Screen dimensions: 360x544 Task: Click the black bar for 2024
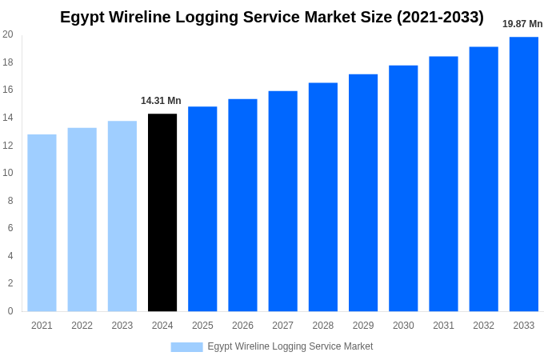162,213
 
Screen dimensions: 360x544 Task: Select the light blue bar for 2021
42,223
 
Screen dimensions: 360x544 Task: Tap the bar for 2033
523,174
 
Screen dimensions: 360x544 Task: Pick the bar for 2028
323,197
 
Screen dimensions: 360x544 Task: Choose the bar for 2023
122,216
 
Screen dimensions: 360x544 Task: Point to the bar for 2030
403,188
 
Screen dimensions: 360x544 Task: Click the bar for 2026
242,205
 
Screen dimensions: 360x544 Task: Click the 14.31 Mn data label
161,101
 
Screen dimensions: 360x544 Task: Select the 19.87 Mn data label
522,24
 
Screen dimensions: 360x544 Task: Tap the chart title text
272,17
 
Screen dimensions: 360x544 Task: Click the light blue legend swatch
186,346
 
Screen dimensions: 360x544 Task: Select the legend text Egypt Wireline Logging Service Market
290,346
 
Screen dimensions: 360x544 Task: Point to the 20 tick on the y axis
8,34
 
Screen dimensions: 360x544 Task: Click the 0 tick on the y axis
10,311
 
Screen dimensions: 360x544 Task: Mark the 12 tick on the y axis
8,146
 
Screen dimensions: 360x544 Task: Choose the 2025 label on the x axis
202,326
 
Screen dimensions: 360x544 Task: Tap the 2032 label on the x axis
483,326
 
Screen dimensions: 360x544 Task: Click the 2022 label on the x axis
82,326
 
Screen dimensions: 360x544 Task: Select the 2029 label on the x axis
363,326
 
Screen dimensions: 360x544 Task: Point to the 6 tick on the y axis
10,228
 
